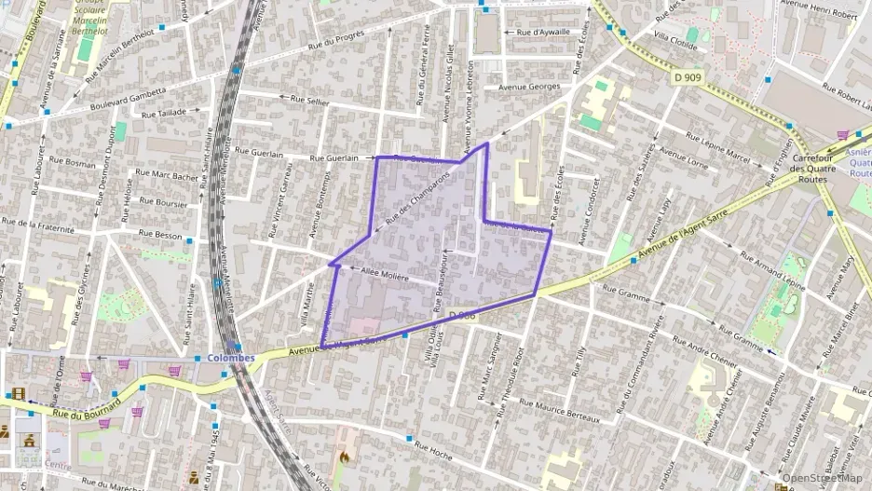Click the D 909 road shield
(687, 78)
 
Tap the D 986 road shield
(462, 316)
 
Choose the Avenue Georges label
(528, 87)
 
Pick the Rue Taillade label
(164, 113)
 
